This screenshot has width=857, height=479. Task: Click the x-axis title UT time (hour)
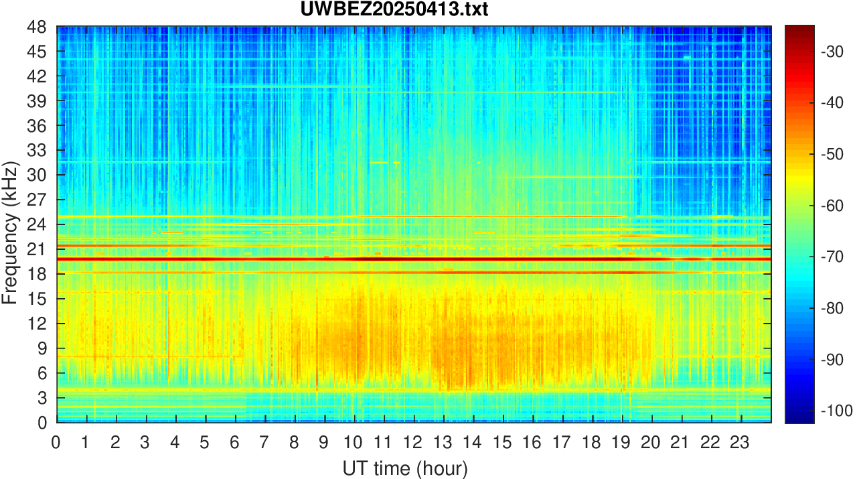tap(405, 467)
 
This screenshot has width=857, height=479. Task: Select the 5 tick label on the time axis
tap(205, 443)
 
